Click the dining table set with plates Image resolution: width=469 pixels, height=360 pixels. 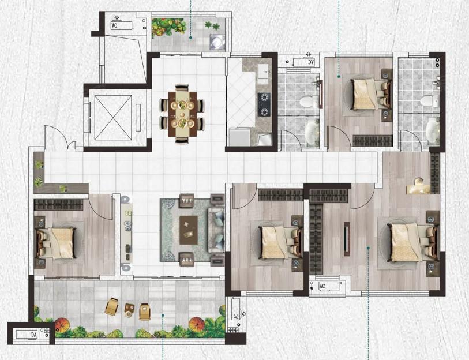click(x=182, y=114)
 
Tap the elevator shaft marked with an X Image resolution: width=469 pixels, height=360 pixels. click(x=113, y=117)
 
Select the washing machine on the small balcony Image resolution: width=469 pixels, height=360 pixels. click(x=217, y=42)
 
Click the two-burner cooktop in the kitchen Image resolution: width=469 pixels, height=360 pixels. click(x=264, y=104)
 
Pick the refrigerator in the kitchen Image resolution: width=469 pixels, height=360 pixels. click(x=239, y=137)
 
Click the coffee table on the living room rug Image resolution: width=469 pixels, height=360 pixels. click(x=189, y=227)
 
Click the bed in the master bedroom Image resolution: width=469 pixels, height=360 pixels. click(x=410, y=243)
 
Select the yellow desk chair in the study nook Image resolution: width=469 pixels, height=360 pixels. click(x=418, y=182)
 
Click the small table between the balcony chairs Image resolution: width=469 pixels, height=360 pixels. click(x=129, y=310)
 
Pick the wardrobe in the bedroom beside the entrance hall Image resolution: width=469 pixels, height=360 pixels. click(x=58, y=205)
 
